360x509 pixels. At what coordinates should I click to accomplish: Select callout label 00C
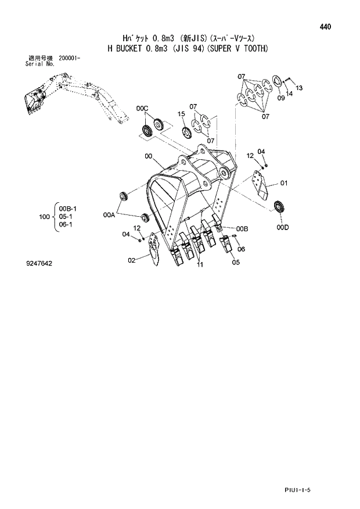(143, 109)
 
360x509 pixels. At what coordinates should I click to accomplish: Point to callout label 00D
(283, 228)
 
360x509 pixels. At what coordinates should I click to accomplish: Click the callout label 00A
(110, 214)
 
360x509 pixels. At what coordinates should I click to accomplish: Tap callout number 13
(299, 88)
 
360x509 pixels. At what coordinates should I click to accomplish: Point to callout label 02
(132, 260)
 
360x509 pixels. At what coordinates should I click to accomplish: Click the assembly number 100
(44, 217)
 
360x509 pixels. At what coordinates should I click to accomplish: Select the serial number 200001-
(70, 59)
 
